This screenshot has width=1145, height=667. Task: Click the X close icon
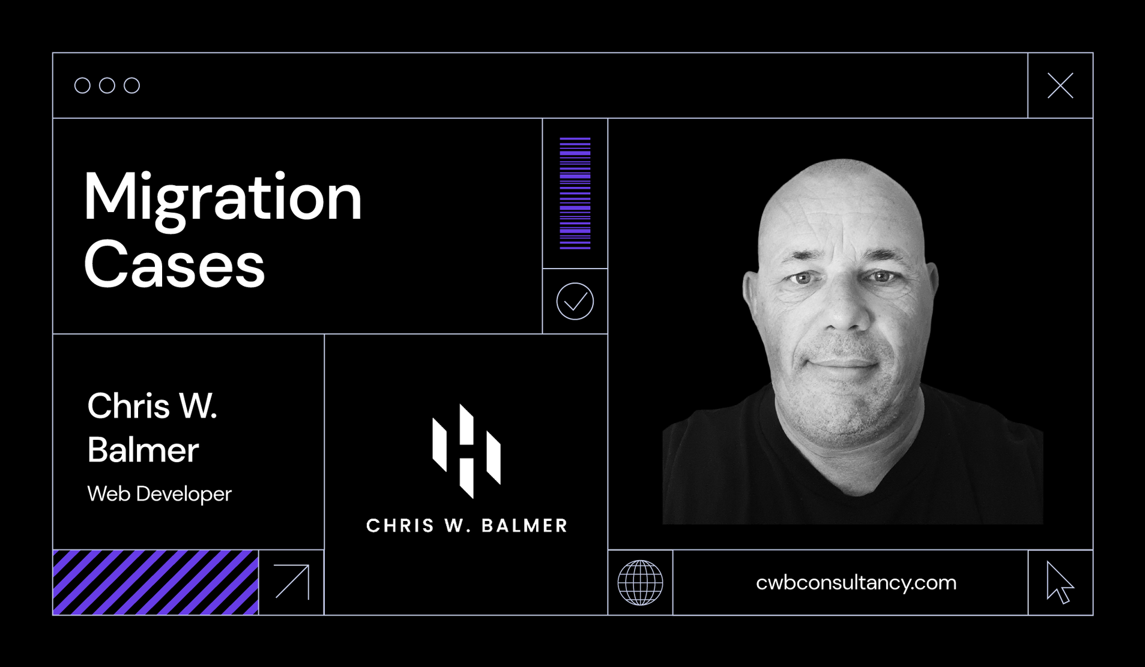[x=1060, y=85]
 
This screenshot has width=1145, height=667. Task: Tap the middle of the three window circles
[x=107, y=85]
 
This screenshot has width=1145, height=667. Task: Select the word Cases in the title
[x=174, y=264]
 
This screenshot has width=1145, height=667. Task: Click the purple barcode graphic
[x=575, y=193]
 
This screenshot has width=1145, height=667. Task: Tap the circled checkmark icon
[x=575, y=301]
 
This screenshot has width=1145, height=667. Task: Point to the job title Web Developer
[x=159, y=494]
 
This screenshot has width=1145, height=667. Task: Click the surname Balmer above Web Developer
[x=143, y=450]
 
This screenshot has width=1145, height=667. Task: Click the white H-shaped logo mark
[x=467, y=451]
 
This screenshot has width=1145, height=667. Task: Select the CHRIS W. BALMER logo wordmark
[x=467, y=526]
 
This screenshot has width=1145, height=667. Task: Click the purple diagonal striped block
[x=156, y=582]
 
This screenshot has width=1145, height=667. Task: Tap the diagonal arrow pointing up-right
[x=292, y=582]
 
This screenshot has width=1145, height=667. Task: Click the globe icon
[x=641, y=582]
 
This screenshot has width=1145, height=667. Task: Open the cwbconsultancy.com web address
[x=856, y=582]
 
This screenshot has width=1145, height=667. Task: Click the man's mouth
[x=843, y=362]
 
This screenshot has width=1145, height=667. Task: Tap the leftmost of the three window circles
[x=82, y=85]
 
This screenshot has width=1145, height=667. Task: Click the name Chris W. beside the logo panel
[x=153, y=406]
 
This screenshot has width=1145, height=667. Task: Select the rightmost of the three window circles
[x=132, y=85]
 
